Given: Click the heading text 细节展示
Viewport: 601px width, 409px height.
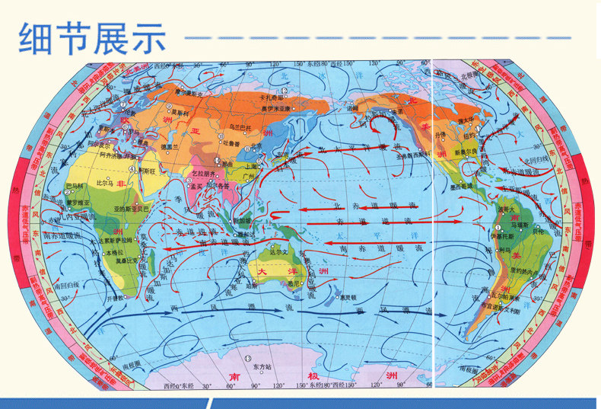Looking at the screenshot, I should [92, 37].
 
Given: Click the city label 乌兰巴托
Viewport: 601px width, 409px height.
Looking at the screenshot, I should [239, 118].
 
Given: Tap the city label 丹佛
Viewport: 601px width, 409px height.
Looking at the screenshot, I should [441, 134].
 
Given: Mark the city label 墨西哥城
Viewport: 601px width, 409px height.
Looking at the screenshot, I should [459, 185].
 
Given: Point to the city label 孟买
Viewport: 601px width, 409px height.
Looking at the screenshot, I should [197, 184].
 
